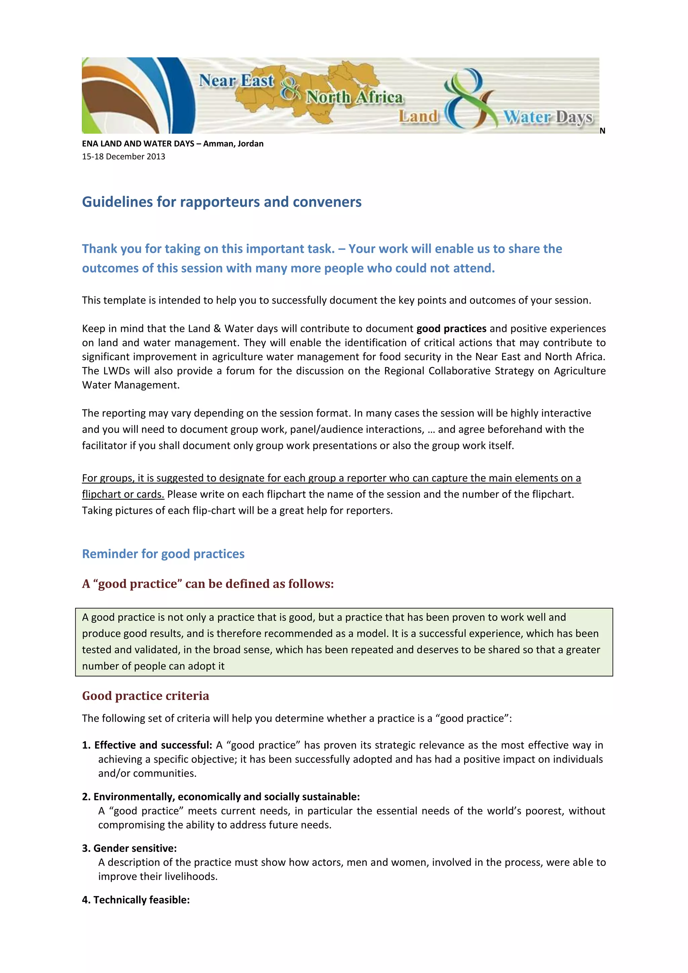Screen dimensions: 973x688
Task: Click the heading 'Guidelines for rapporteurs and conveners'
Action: tap(221, 202)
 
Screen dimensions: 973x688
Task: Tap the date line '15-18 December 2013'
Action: tap(123, 157)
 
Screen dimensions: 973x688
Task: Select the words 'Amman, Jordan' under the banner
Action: tap(233, 144)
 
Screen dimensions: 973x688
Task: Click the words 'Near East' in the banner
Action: tap(236, 81)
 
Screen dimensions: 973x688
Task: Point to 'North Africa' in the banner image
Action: tap(354, 97)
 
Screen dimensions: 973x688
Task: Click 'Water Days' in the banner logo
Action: tap(548, 117)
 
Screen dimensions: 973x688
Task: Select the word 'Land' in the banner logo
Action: tap(418, 116)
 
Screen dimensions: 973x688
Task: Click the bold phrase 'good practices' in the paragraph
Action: tap(451, 328)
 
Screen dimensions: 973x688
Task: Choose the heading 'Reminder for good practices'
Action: tap(163, 554)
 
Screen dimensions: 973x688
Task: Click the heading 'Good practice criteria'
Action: tap(145, 696)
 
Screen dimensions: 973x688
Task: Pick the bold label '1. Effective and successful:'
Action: tap(147, 745)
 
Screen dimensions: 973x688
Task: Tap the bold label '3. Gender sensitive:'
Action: tap(129, 848)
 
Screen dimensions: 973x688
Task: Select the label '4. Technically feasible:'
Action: tap(136, 900)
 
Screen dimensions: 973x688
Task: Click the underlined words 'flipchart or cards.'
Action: tap(123, 494)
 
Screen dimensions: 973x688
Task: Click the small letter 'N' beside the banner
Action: tap(602, 131)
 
